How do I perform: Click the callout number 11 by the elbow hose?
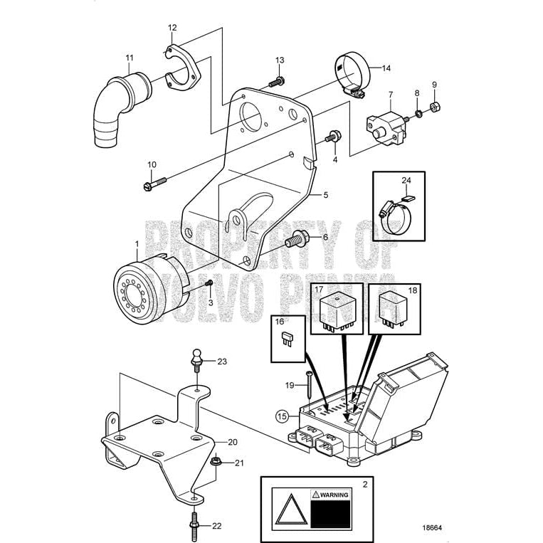[129, 57]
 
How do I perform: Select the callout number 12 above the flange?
[172, 28]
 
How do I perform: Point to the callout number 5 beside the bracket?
[325, 194]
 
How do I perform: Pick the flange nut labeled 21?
[216, 463]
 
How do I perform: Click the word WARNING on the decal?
[334, 494]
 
